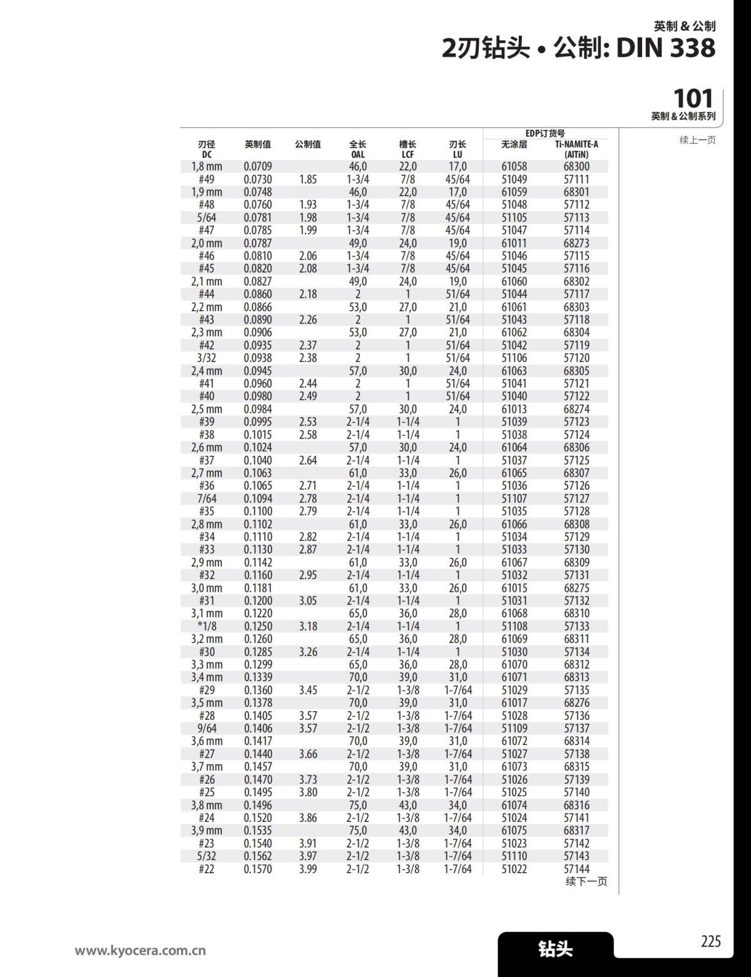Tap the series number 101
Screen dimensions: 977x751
click(x=693, y=99)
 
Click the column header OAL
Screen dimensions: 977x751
click(x=357, y=154)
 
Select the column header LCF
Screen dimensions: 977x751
click(x=407, y=154)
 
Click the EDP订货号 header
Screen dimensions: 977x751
click(x=544, y=133)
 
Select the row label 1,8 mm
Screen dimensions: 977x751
click(x=207, y=166)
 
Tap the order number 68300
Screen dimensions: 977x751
click(x=576, y=166)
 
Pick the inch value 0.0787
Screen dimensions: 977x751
click(x=258, y=243)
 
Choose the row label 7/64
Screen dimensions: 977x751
click(x=207, y=499)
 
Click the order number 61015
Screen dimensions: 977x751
click(x=514, y=588)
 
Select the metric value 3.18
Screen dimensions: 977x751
click(x=308, y=626)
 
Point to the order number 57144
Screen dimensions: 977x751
click(x=576, y=869)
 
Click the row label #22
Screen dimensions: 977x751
click(x=207, y=869)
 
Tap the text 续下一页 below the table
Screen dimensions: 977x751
click(x=586, y=881)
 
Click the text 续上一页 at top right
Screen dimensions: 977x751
click(x=697, y=140)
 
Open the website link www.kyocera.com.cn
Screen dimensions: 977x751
click(x=140, y=951)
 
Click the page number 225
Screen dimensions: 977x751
click(x=710, y=941)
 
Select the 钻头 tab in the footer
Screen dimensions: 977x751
click(x=555, y=949)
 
